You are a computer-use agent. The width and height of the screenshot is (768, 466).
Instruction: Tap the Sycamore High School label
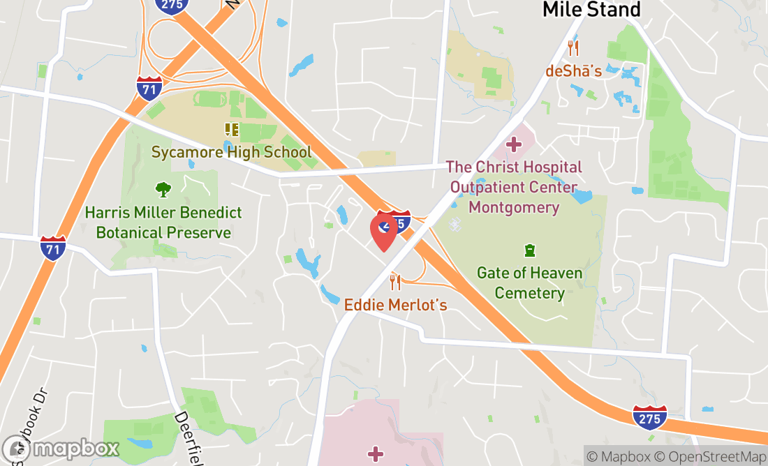click(x=232, y=152)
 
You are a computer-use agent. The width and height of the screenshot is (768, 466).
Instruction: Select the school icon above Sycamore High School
click(x=231, y=130)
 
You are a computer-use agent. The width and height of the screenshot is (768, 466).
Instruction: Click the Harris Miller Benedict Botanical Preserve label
click(x=163, y=223)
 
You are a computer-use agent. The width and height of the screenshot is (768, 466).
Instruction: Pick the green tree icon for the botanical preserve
click(x=163, y=189)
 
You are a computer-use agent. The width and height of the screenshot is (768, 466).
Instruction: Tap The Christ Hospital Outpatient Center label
click(x=514, y=188)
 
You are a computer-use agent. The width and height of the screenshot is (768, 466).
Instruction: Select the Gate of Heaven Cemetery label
click(x=529, y=283)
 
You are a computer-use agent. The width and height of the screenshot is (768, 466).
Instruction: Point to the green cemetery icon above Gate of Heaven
click(x=529, y=250)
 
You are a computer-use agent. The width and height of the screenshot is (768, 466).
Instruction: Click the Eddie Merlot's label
click(x=395, y=305)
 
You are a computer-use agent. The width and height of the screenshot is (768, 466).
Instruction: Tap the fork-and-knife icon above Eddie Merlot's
click(x=395, y=282)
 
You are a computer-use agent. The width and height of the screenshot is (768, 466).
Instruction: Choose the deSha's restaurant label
click(x=573, y=71)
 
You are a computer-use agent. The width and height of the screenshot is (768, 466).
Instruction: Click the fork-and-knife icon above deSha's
click(x=573, y=48)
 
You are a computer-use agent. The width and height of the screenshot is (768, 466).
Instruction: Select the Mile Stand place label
click(x=591, y=10)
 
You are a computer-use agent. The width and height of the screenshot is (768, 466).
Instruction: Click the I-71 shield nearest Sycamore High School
click(x=149, y=88)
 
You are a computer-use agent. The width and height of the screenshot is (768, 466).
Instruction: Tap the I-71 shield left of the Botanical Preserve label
click(x=53, y=248)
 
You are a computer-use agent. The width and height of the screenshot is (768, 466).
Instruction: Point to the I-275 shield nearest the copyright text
click(x=649, y=416)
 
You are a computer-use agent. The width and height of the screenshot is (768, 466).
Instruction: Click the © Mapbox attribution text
click(x=618, y=457)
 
